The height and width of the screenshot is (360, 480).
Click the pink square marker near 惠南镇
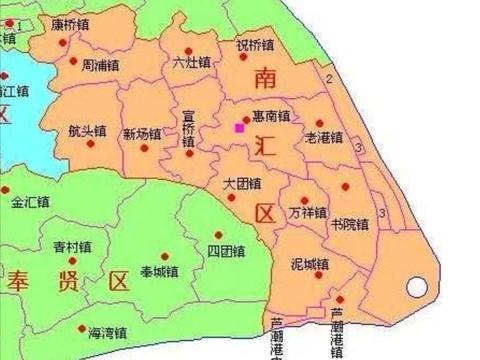[239, 127]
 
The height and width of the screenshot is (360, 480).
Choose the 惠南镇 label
[272, 117]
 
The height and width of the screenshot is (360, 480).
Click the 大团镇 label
[242, 185]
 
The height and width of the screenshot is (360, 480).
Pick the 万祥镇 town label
[307, 213]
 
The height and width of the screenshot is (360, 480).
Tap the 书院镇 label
[349, 223]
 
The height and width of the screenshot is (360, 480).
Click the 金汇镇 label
[30, 202]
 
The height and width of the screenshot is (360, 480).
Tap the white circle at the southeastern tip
[416, 290]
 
